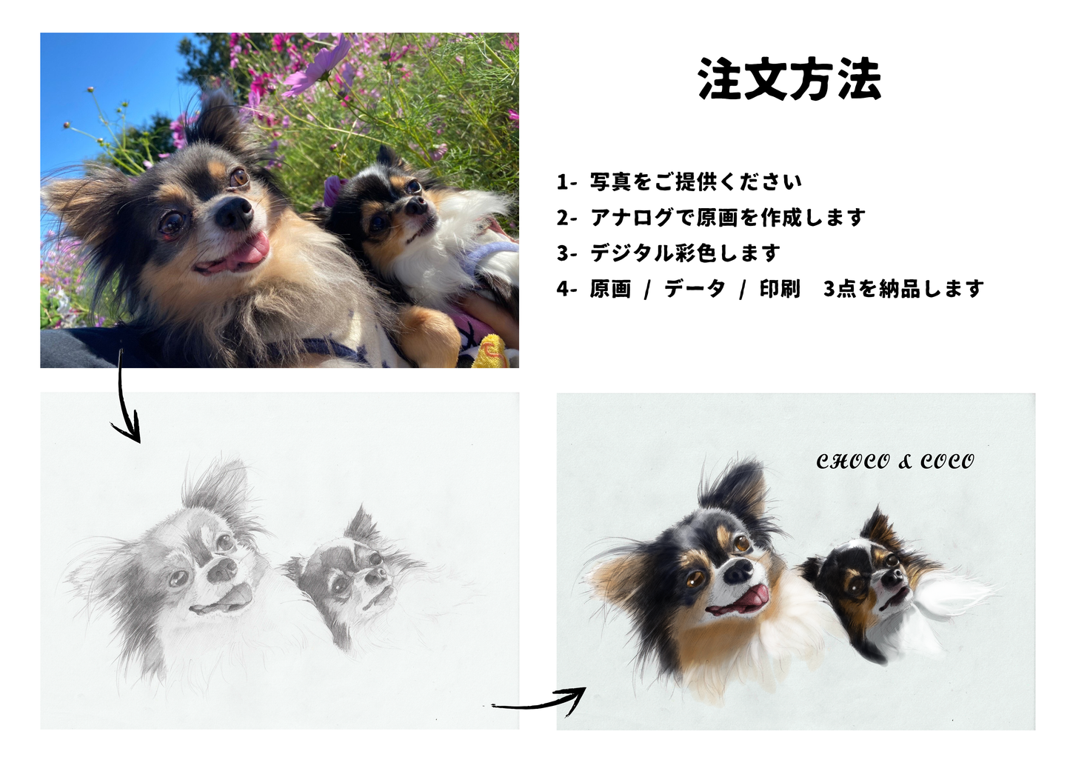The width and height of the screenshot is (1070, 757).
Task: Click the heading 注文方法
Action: [x=789, y=79]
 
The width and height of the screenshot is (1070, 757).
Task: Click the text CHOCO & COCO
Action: [x=895, y=461]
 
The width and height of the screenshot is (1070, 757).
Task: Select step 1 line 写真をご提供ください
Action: [x=679, y=181]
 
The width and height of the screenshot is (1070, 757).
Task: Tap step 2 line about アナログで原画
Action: [x=711, y=218]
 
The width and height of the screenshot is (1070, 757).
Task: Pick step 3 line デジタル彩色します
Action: [x=668, y=253]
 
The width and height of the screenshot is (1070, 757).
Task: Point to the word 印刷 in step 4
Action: [x=780, y=289]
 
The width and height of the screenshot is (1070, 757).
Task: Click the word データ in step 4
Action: [x=695, y=289]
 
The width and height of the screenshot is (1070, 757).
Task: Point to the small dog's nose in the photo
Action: [x=415, y=205]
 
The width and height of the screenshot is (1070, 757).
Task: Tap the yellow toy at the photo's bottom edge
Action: [x=492, y=353]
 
